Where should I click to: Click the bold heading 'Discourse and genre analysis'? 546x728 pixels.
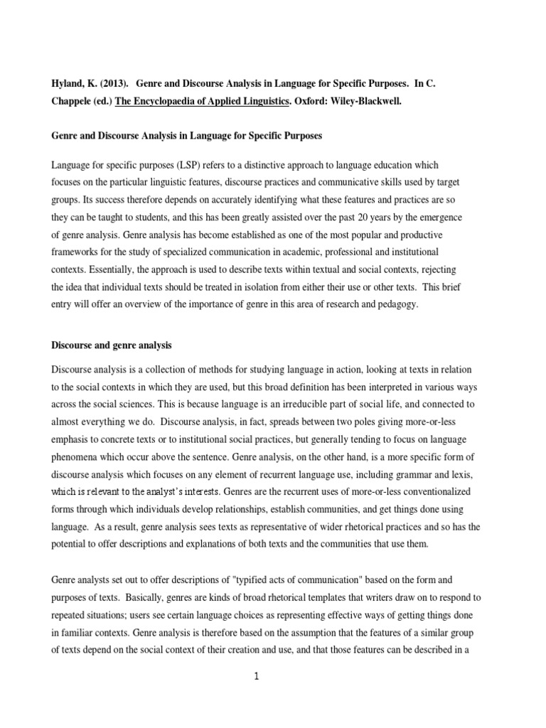tap(112, 346)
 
